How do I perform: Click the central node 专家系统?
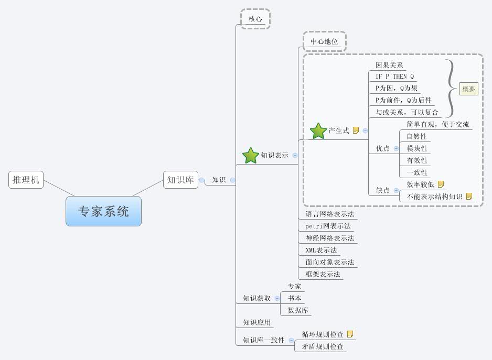pyautogui.click(x=103, y=211)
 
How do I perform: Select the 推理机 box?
pyautogui.click(x=26, y=180)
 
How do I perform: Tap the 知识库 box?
pyautogui.click(x=180, y=180)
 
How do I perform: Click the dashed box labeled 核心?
pyautogui.click(x=255, y=18)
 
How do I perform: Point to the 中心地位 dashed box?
pyautogui.click(x=324, y=41)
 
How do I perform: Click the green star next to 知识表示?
pyautogui.click(x=251, y=155)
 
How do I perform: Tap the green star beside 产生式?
pyautogui.click(x=318, y=130)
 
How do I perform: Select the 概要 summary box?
pyautogui.click(x=468, y=89)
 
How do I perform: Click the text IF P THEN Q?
pyautogui.click(x=394, y=77)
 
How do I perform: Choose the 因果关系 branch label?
pyautogui.click(x=389, y=65)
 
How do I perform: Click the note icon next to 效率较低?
pyautogui.click(x=441, y=184)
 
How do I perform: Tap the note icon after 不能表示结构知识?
pyautogui.click(x=469, y=197)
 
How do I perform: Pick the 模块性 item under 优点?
pyautogui.click(x=417, y=148)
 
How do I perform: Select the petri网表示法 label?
pyautogui.click(x=328, y=226)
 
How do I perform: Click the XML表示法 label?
pyautogui.click(x=321, y=250)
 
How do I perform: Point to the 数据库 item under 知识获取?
pyautogui.click(x=298, y=310)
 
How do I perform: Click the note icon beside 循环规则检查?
pyautogui.click(x=350, y=334)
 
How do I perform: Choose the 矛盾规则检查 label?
pyautogui.click(x=323, y=346)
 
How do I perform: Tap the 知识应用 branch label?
pyautogui.click(x=256, y=322)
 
